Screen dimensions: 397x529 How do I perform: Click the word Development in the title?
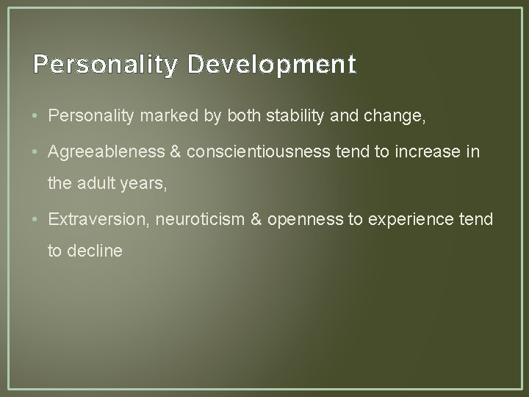tap(271, 65)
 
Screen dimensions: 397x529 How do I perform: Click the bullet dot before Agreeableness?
tap(37, 152)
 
